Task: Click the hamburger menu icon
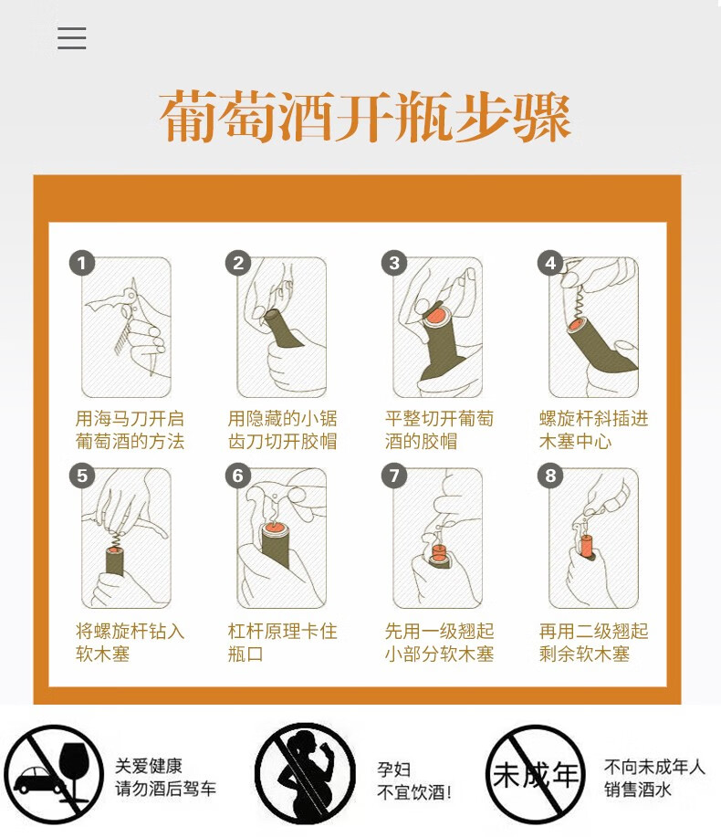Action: tap(71, 38)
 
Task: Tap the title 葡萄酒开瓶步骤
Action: tap(365, 116)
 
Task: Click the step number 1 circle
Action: tap(82, 263)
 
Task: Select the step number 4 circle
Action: tap(550, 263)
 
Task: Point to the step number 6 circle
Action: tap(238, 476)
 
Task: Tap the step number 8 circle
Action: tap(550, 476)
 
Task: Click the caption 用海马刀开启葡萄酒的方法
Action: tap(130, 430)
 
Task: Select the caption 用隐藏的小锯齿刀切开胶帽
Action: tap(282, 430)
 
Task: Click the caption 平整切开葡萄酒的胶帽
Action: tap(439, 430)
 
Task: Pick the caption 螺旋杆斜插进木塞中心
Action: tap(593, 430)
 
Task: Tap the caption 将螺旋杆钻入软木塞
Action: tap(130, 643)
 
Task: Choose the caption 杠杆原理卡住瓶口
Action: tap(282, 643)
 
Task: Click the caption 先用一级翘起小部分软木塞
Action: tap(439, 643)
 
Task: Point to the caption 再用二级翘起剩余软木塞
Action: tap(593, 643)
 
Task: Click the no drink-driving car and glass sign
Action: tap(53, 775)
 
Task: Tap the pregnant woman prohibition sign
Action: tap(305, 774)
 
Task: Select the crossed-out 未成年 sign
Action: tap(536, 775)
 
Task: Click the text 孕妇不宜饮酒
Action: tap(414, 780)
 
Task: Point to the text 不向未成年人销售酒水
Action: tap(654, 778)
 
